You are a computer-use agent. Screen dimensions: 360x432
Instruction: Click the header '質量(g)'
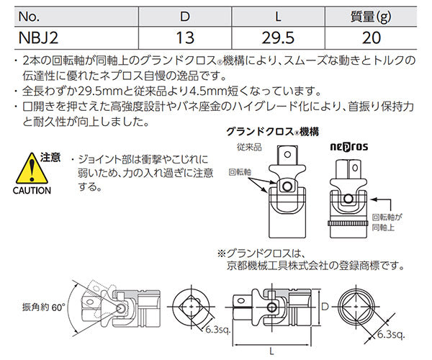[x=374, y=14]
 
